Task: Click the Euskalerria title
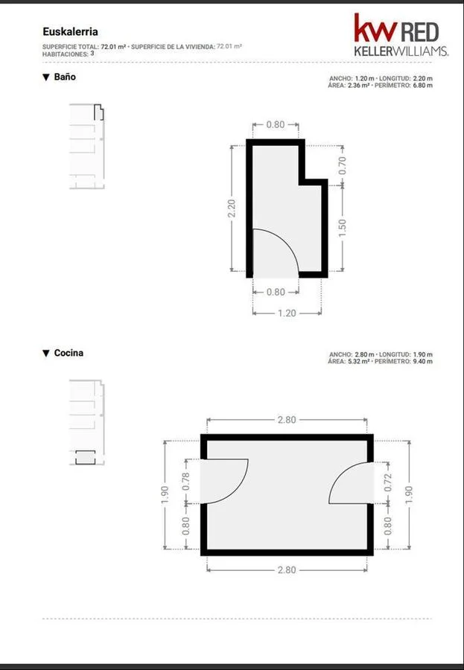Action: pyautogui.click(x=70, y=31)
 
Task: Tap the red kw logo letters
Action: pyautogui.click(x=375, y=28)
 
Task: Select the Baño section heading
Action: pyautogui.click(x=65, y=77)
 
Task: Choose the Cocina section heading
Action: pyautogui.click(x=69, y=353)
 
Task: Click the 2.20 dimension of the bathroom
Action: pyautogui.click(x=232, y=208)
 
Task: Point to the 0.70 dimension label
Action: pyautogui.click(x=342, y=165)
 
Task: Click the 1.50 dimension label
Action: pyautogui.click(x=342, y=228)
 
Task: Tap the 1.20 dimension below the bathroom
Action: pyautogui.click(x=287, y=313)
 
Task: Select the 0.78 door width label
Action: pyautogui.click(x=186, y=482)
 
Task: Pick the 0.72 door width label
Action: pyautogui.click(x=388, y=482)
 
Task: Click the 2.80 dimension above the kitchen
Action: pyautogui.click(x=287, y=420)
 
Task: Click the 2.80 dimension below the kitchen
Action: pyautogui.click(x=287, y=570)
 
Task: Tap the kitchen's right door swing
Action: pyautogui.click(x=338, y=478)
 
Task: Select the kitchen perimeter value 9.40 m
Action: pyautogui.click(x=422, y=362)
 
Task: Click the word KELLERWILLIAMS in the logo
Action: pyautogui.click(x=401, y=51)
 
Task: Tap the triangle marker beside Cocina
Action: pyautogui.click(x=46, y=354)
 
